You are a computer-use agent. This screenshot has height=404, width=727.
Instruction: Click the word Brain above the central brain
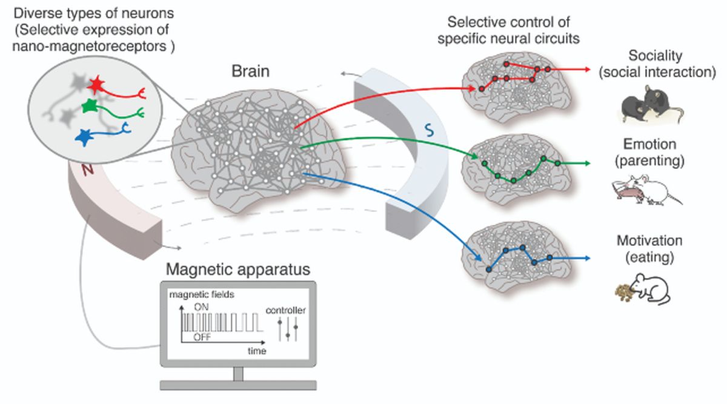click(x=250, y=71)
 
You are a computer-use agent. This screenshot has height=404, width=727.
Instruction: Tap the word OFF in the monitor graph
click(x=202, y=337)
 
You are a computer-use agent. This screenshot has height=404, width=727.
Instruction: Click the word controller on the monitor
click(x=286, y=311)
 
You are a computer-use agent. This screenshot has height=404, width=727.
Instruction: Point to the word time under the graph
click(x=257, y=350)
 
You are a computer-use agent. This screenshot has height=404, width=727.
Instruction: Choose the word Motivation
click(x=649, y=240)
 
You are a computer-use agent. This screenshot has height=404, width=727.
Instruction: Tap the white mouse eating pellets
click(x=651, y=287)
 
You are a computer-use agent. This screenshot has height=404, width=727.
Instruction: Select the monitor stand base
click(x=238, y=385)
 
